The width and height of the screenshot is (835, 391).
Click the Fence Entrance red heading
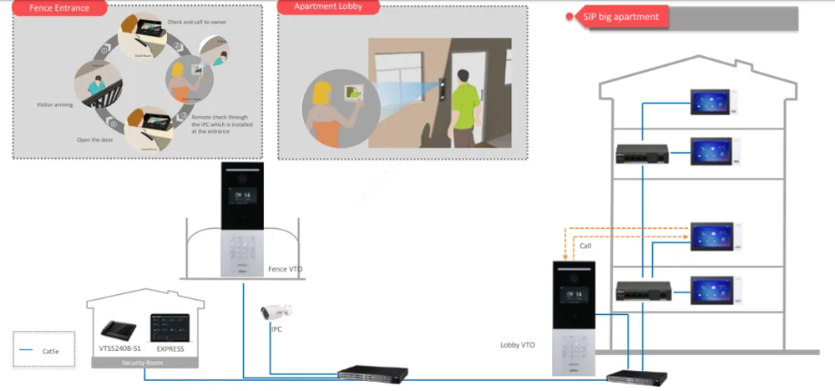pyautogui.click(x=58, y=8)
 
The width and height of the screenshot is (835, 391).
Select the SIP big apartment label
pyautogui.click(x=621, y=17)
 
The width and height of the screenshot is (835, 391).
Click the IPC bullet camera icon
pyautogui.click(x=276, y=313)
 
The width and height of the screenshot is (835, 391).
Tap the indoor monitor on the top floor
pyautogui.click(x=709, y=103)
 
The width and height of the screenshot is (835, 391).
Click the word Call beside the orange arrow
pyautogui.click(x=585, y=246)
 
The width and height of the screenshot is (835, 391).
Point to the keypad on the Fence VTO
pyautogui.click(x=243, y=250)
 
